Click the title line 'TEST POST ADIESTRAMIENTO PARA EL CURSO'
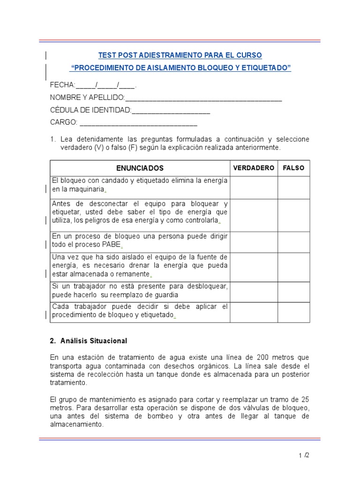click(x=180, y=55)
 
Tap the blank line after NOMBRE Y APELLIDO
click(x=203, y=97)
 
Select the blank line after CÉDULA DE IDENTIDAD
click(x=171, y=110)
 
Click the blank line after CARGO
click(x=138, y=123)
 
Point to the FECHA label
click(x=62, y=85)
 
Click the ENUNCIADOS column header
click(x=140, y=168)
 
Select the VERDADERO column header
click(x=254, y=168)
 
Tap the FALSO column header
click(x=293, y=168)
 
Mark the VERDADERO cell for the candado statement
click(x=254, y=187)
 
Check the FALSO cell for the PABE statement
click(x=293, y=242)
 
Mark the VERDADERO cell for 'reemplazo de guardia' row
click(x=254, y=292)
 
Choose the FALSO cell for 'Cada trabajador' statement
click(x=293, y=312)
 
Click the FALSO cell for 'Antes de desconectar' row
click(x=293, y=215)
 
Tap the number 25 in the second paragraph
click(x=304, y=399)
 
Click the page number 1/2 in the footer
click(x=303, y=455)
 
